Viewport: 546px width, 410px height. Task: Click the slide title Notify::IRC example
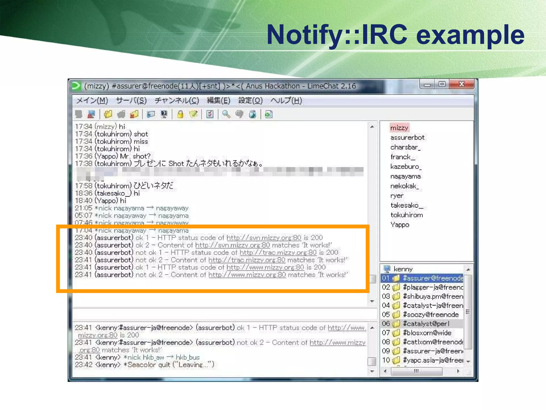(x=395, y=35)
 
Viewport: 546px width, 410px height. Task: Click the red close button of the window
(x=461, y=84)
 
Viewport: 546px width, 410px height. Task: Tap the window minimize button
(x=427, y=85)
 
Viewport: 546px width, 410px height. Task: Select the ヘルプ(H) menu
(x=286, y=101)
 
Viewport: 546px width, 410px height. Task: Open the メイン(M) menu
(x=92, y=101)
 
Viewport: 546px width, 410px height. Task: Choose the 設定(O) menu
(x=250, y=101)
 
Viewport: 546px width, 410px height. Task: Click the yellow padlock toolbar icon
(x=180, y=115)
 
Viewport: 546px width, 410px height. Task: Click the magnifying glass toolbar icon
(x=226, y=115)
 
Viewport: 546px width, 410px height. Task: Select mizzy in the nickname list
(x=399, y=128)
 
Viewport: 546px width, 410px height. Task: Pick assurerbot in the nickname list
(x=407, y=137)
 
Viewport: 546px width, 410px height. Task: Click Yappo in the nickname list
(x=400, y=225)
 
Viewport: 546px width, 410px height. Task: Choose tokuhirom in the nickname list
(x=407, y=215)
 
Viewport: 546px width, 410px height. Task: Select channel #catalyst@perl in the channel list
(x=426, y=324)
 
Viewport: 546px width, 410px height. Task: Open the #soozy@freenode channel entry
(x=431, y=315)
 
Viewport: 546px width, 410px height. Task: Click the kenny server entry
(x=403, y=269)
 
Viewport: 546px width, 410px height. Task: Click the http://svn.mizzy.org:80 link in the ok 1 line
(x=264, y=238)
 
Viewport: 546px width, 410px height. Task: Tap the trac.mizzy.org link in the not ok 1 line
(x=278, y=253)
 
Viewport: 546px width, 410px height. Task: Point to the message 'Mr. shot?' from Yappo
(x=135, y=156)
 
